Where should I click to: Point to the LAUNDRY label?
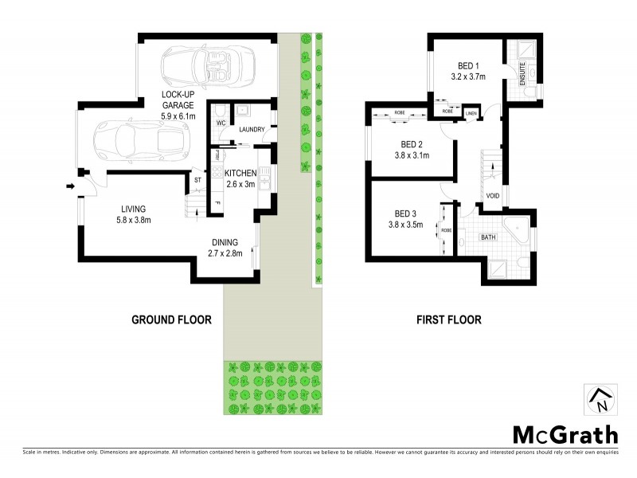pyautogui.click(x=252, y=129)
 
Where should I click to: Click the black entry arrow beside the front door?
pyautogui.click(x=70, y=187)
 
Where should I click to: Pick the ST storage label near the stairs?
pyautogui.click(x=197, y=181)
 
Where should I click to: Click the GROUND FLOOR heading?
pyautogui.click(x=171, y=320)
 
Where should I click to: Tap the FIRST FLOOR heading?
pyautogui.click(x=449, y=320)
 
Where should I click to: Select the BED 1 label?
pyautogui.click(x=468, y=65)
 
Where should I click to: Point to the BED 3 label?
pyautogui.click(x=405, y=213)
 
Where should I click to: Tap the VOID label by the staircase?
pyautogui.click(x=492, y=194)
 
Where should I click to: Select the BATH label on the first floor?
pyautogui.click(x=488, y=237)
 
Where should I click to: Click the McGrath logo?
pyautogui.click(x=565, y=434)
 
